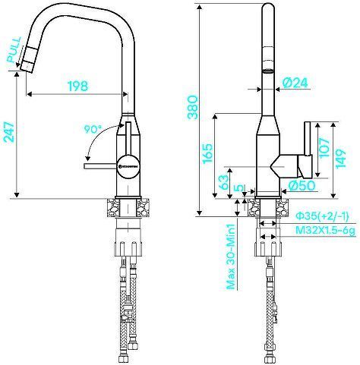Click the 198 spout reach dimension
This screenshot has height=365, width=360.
[x=77, y=86]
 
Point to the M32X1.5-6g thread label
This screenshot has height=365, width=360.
[x=325, y=228]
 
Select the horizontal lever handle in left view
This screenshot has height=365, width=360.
[x=102, y=162]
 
